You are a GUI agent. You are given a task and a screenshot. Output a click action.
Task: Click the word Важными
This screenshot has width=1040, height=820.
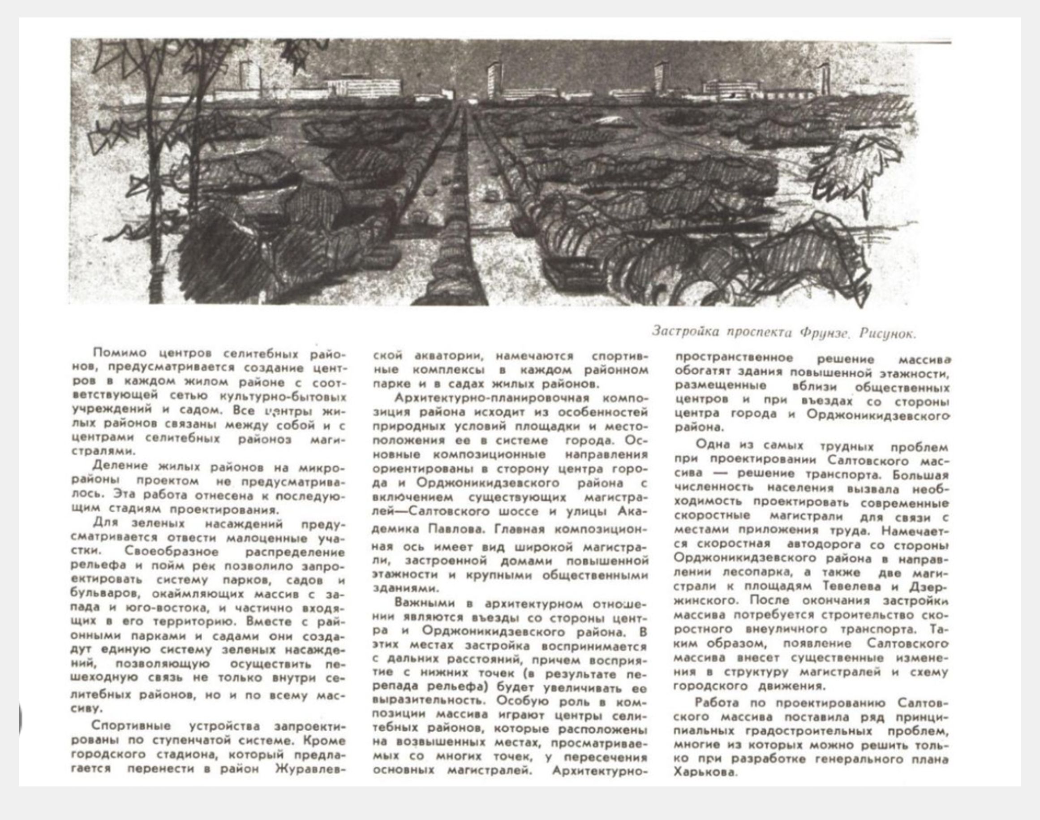coord(421,603)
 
